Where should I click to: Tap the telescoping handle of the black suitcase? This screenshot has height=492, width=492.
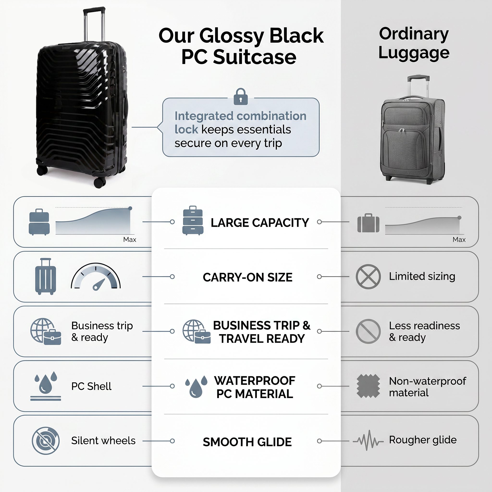pos(94,24)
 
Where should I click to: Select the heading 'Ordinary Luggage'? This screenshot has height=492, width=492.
pos(414,43)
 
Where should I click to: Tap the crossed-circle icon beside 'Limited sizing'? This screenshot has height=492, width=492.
pos(368,277)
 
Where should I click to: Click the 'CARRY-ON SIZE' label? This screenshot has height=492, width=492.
pos(247,277)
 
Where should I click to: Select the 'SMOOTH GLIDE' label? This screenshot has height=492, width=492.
pos(247,442)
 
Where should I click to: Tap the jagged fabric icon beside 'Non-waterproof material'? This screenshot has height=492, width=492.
pos(368,386)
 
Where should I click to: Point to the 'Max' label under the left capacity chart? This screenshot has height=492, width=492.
pos(130,240)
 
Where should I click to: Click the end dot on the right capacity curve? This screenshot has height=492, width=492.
pos(459,218)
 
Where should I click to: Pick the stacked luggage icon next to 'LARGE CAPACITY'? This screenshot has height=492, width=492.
pos(193,221)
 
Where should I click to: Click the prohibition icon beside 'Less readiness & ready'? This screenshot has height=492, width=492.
pos(368,331)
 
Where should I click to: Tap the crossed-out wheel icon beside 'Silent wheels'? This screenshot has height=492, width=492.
pos(46,441)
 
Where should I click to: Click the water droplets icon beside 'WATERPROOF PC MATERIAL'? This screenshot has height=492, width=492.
pos(196,386)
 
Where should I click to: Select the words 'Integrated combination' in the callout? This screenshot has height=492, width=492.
pos(240,116)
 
